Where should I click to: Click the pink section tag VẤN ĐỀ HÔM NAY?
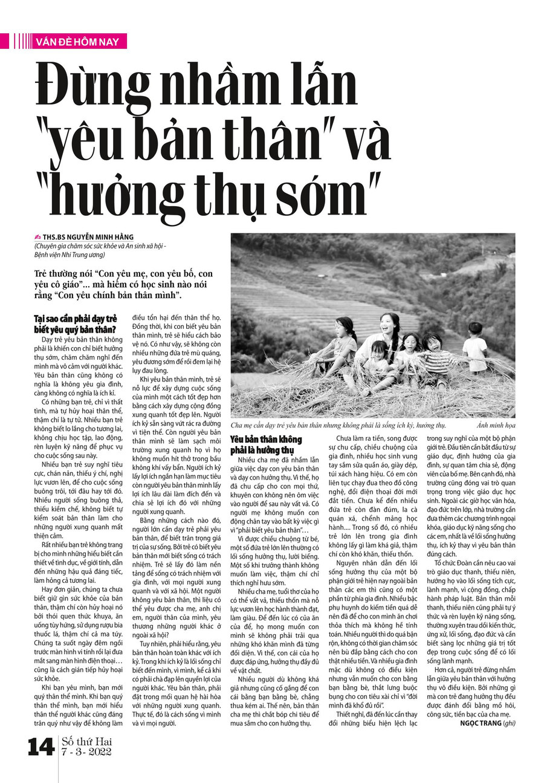click(77, 41)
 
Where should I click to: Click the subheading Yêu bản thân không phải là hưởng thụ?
click(265, 444)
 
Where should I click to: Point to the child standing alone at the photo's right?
click(475, 348)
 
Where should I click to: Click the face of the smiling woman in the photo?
click(388, 325)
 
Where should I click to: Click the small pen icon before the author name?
click(37, 237)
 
